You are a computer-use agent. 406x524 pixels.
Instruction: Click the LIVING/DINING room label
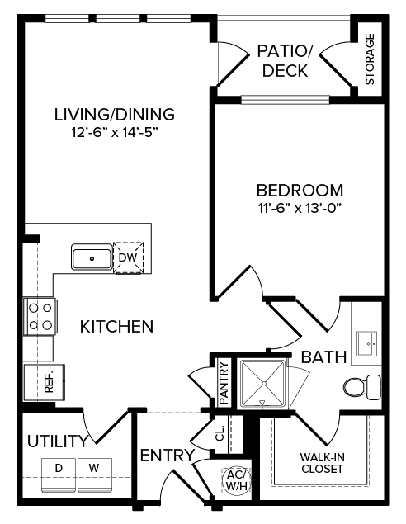click(x=114, y=113)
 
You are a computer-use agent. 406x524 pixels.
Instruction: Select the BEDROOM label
click(x=298, y=189)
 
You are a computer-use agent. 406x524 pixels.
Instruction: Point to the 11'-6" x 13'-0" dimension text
click(x=298, y=207)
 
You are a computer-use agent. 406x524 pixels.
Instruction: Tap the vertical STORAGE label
click(x=370, y=59)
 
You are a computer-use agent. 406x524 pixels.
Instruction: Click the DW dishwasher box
click(x=128, y=257)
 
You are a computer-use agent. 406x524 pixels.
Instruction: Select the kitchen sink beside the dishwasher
click(x=91, y=257)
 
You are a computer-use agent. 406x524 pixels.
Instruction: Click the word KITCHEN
click(x=116, y=327)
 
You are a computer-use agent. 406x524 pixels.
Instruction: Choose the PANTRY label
click(x=224, y=380)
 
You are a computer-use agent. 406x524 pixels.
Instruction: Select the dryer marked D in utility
click(x=59, y=469)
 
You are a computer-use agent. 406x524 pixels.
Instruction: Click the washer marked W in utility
click(x=94, y=469)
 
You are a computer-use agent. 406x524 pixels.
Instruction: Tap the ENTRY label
click(x=167, y=455)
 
